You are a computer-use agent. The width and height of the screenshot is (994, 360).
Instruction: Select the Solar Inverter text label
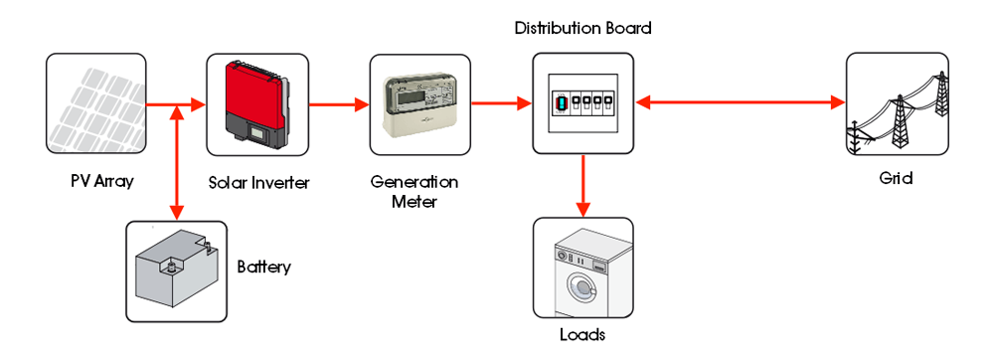tap(258, 184)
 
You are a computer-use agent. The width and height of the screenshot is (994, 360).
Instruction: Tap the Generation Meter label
tap(414, 192)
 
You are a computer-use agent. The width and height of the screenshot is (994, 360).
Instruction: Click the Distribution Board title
tap(582, 28)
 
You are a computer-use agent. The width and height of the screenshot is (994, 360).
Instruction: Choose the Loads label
tap(582, 334)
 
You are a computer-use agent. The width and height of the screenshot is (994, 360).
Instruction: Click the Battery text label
tap(264, 268)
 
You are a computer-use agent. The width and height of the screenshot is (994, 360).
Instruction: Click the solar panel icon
tap(95, 104)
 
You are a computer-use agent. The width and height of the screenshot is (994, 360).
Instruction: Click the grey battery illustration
tap(177, 270)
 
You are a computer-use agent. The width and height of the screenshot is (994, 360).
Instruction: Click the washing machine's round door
tap(580, 289)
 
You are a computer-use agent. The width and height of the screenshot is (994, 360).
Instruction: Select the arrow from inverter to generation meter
tap(338, 102)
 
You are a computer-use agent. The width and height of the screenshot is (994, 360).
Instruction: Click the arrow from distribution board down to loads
tap(582, 185)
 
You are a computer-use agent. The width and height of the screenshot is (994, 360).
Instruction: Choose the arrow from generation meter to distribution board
tap(501, 102)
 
